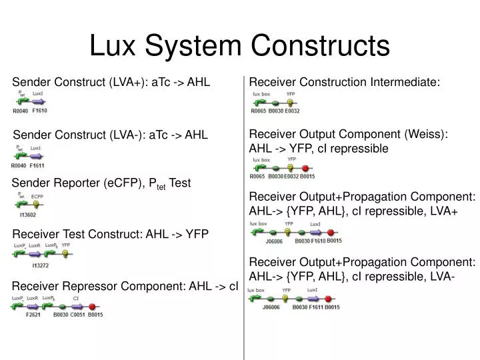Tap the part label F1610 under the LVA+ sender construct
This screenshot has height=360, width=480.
[39, 111]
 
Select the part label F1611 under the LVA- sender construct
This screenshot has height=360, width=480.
[38, 165]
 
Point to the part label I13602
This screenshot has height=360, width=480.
[29, 215]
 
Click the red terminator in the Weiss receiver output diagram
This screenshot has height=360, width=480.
[306, 168]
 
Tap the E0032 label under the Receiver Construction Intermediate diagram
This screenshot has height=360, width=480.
[292, 111]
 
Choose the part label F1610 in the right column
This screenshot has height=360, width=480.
[317, 241]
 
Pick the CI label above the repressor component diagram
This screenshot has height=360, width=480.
[76, 298]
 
